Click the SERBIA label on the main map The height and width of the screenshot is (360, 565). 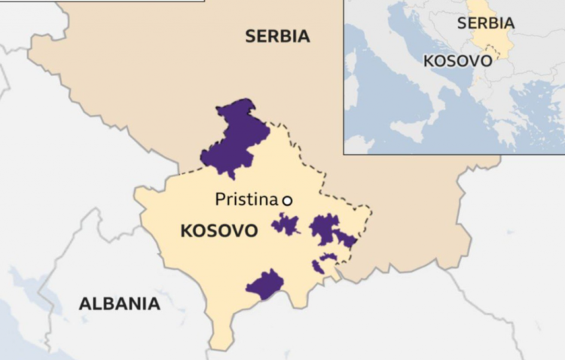click(x=276, y=35)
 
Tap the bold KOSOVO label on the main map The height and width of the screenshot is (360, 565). click(x=218, y=230)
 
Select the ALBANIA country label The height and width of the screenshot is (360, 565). click(x=119, y=304)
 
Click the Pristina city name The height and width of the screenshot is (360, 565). click(x=246, y=200)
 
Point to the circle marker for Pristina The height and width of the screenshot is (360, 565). click(x=287, y=200)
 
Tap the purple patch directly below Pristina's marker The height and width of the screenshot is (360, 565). click(x=286, y=224)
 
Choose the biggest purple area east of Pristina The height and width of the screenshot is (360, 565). click(x=325, y=228)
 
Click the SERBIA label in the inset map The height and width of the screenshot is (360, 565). click(x=486, y=23)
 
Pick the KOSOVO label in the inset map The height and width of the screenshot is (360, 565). click(x=457, y=60)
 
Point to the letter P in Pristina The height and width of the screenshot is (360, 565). click(x=220, y=200)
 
